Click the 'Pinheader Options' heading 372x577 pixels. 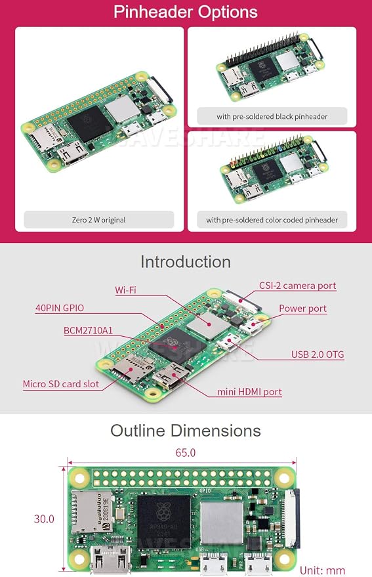coord(186,12)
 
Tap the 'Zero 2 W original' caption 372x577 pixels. coord(98,220)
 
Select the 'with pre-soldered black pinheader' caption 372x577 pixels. coord(272,117)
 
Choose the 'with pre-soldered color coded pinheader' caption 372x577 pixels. coord(272,220)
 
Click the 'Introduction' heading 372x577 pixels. coord(186,262)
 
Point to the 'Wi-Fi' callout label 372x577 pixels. coord(125,290)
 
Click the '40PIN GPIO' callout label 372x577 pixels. coord(60,308)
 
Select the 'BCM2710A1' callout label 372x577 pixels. coord(89,330)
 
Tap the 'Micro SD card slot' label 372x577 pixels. coord(61,384)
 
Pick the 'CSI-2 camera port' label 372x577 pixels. coord(297,286)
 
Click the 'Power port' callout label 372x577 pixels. coord(302,309)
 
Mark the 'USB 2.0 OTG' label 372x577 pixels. coord(318,354)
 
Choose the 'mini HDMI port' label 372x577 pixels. coord(249,391)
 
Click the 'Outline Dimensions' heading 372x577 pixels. coord(186,431)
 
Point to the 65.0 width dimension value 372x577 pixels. coord(186,453)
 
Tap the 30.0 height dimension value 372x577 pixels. coord(44,519)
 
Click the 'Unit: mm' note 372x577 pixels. coord(322,570)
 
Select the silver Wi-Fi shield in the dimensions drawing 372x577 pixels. coord(222,523)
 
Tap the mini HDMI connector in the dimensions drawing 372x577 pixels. coord(111,561)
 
